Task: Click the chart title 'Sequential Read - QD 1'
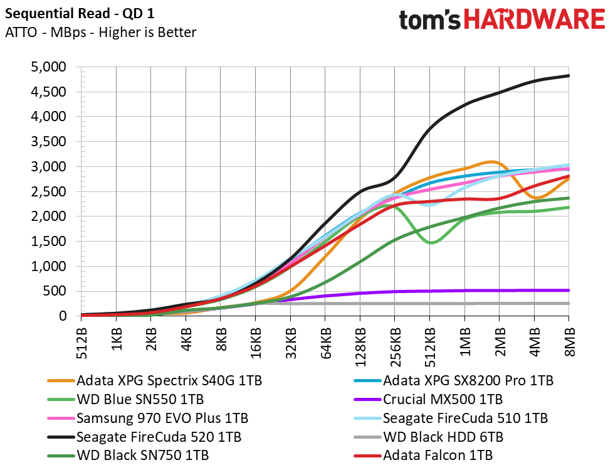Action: coord(80,14)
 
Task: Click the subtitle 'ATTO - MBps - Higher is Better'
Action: coord(100,32)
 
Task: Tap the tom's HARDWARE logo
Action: coord(502,19)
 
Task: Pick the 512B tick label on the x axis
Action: coord(81,343)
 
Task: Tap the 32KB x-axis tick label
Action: coord(290,343)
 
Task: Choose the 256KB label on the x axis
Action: coord(395,347)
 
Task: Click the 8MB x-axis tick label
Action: coord(569,342)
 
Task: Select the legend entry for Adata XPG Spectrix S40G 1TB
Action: coord(155,380)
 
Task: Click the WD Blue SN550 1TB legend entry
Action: coord(125,399)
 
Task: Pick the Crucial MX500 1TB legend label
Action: coord(428,399)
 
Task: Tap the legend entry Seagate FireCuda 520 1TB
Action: coord(144,437)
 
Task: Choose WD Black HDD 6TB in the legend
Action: coord(429,437)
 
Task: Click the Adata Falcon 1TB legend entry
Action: coord(423,455)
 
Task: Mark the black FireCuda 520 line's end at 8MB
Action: coord(569,75)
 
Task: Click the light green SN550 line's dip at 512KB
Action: coord(430,243)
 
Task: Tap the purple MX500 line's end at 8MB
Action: coord(569,290)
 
